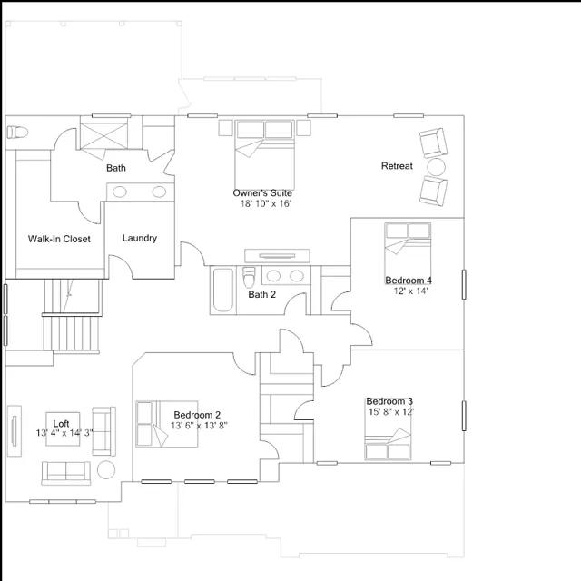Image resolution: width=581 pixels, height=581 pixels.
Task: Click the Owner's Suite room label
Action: pyautogui.click(x=262, y=193)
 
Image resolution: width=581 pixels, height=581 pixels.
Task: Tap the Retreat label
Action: pyautogui.click(x=397, y=166)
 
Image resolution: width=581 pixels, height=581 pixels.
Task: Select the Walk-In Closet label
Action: pyautogui.click(x=59, y=239)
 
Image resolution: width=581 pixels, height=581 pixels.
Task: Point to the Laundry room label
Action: pyautogui.click(x=140, y=238)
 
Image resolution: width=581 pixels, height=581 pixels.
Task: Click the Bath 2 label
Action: pyautogui.click(x=262, y=294)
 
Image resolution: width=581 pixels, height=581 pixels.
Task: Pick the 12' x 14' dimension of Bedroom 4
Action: pyautogui.click(x=410, y=290)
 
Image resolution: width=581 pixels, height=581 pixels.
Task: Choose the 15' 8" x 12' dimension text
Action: pyautogui.click(x=391, y=411)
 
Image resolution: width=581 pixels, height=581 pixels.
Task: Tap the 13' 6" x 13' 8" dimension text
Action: pyautogui.click(x=199, y=426)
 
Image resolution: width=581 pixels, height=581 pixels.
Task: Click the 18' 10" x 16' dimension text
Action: pyautogui.click(x=266, y=203)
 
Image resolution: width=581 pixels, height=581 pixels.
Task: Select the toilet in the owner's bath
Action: pyautogui.click(x=17, y=132)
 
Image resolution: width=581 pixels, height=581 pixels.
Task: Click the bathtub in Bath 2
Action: pyautogui.click(x=223, y=290)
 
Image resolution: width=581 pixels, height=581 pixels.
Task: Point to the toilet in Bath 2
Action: pyautogui.click(x=249, y=277)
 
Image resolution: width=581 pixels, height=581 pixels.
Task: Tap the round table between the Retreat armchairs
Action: pyautogui.click(x=436, y=167)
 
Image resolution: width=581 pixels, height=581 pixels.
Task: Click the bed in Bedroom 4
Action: pyautogui.click(x=408, y=253)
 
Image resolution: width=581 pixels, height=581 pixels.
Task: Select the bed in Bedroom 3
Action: pyautogui.click(x=388, y=430)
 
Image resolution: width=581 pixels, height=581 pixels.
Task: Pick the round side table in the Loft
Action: pyautogui.click(x=106, y=470)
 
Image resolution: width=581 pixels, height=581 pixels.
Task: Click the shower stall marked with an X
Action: pyautogui.click(x=104, y=136)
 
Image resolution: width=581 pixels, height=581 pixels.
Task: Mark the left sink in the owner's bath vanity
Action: pyautogui.click(x=120, y=192)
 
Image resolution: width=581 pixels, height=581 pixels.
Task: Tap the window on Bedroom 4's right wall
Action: pyautogui.click(x=464, y=284)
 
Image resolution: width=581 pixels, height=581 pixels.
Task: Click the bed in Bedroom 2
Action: pyautogui.click(x=167, y=424)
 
